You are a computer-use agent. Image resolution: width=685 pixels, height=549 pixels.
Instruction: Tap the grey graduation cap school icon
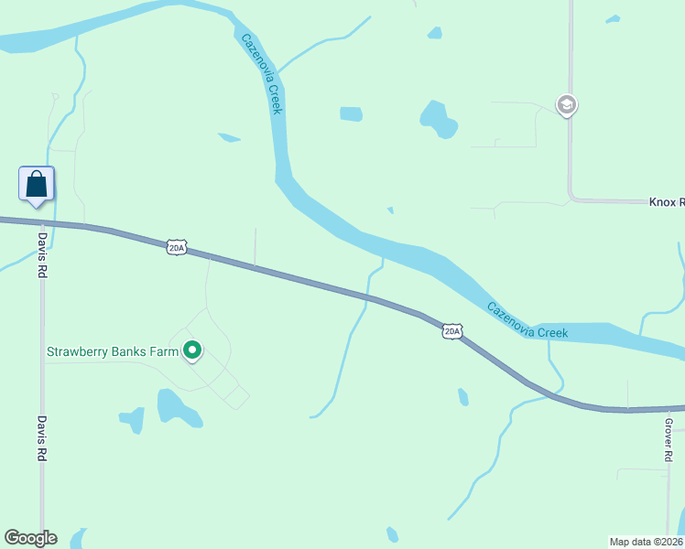567,105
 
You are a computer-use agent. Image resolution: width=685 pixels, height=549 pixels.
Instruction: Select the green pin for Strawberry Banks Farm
192,350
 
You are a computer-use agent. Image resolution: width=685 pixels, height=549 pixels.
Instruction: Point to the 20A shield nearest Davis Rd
177,247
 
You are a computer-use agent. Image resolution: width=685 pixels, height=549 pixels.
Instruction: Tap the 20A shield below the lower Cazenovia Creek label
451,331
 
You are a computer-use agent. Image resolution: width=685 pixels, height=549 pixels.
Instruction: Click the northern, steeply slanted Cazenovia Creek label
263,73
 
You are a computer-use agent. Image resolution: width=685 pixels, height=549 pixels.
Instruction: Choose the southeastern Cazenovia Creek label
527,320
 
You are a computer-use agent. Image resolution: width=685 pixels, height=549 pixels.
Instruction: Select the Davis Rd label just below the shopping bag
42,254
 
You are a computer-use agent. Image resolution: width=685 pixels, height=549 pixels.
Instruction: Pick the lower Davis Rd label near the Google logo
42,438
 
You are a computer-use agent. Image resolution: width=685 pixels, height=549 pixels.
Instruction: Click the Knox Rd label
667,201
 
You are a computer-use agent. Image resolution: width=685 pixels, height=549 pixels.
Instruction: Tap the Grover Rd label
669,438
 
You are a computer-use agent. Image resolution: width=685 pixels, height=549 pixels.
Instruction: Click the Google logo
30,538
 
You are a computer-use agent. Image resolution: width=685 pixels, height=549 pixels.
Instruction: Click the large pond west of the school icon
438,119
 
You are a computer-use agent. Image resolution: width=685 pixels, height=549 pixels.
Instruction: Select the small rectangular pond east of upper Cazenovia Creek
352,114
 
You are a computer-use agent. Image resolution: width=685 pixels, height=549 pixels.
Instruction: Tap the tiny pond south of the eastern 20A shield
463,396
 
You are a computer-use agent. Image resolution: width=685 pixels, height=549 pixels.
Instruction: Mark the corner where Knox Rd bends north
571,199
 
